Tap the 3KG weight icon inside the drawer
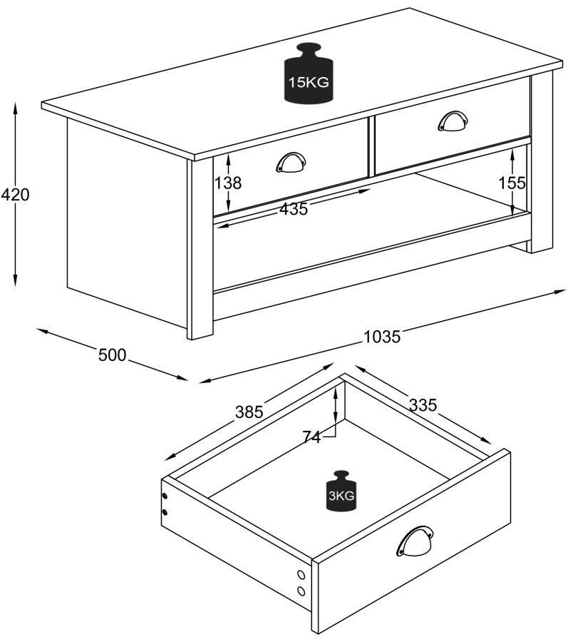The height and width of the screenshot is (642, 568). click(341, 492)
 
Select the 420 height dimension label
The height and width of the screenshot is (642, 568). click(15, 194)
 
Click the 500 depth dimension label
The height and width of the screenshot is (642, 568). click(112, 355)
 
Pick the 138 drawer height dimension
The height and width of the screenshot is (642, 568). click(228, 183)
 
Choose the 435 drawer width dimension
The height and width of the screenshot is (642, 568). click(293, 209)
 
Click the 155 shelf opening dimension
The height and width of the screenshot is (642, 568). click(512, 183)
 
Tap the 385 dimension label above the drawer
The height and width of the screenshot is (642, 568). click(249, 412)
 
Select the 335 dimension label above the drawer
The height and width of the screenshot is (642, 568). click(423, 404)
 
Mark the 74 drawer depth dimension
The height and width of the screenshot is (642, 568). click(311, 437)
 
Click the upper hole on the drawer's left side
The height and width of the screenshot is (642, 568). click(165, 496)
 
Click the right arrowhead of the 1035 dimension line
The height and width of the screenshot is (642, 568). click(560, 291)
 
